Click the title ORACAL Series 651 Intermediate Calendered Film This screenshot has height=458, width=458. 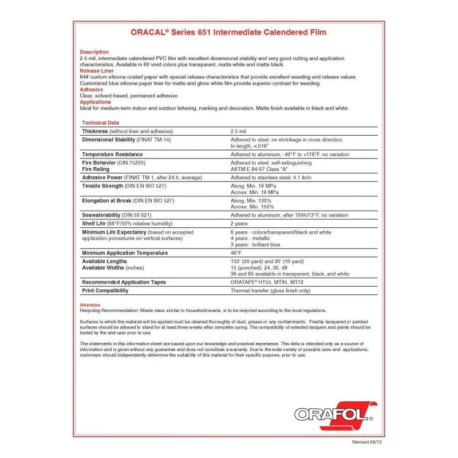[228, 32]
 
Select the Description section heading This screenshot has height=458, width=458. [94, 52]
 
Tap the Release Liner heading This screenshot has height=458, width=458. [97, 70]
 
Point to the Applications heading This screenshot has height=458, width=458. [95, 102]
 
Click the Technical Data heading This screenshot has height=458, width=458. [101, 123]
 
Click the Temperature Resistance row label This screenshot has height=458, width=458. [112, 155]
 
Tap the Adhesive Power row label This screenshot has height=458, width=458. [102, 177]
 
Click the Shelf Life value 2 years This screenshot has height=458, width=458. [239, 224]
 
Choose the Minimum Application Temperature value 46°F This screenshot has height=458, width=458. [236, 252]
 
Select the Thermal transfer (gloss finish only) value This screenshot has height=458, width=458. [270, 290]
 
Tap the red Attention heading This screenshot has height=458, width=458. [90, 305]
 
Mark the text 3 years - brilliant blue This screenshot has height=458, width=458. [255, 244]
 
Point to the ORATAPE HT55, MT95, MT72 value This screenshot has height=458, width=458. [267, 282]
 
